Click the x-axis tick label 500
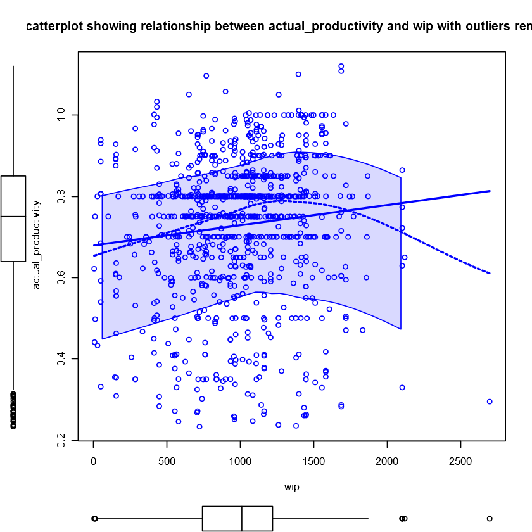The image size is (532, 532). click(x=167, y=459)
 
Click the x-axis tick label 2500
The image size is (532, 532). click(x=460, y=459)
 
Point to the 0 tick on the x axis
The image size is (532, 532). click(x=94, y=459)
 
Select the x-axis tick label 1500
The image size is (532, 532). click(x=313, y=459)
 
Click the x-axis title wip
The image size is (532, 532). click(x=291, y=487)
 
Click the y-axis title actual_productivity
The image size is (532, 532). click(x=36, y=244)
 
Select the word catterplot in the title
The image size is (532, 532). click(x=55, y=27)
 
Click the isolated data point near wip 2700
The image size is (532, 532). click(x=490, y=402)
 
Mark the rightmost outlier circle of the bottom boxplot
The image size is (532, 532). click(x=490, y=519)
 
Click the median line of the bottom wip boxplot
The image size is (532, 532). click(x=242, y=519)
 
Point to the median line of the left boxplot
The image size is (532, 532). click(x=13, y=217)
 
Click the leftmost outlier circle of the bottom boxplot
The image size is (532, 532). click(x=94, y=519)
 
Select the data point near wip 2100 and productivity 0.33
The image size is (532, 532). click(x=402, y=387)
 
